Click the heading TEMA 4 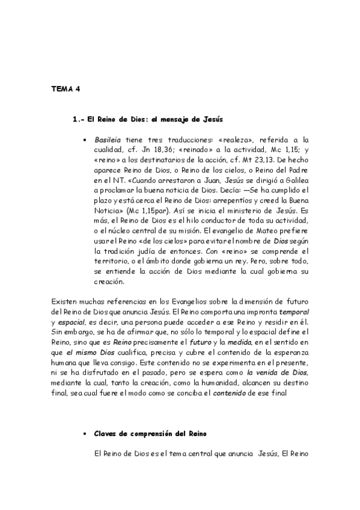coord(66,88)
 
